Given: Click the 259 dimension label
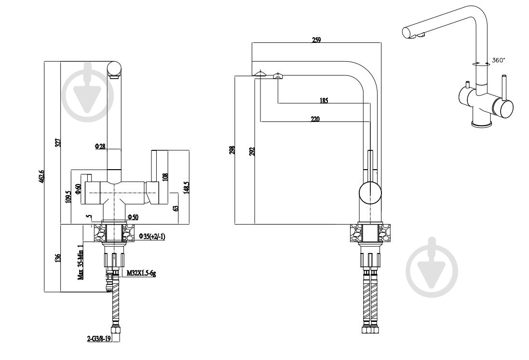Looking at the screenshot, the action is (316, 40).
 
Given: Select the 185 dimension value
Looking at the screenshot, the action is (324, 100).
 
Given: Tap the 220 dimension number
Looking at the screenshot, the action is (315, 119).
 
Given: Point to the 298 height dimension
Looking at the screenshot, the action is (232, 150).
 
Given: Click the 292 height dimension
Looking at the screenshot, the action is (251, 152).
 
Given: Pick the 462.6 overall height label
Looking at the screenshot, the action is (42, 176).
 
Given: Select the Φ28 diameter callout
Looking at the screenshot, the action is (100, 147).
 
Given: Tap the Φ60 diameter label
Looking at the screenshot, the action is (78, 189).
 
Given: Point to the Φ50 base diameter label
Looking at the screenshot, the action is (133, 217).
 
